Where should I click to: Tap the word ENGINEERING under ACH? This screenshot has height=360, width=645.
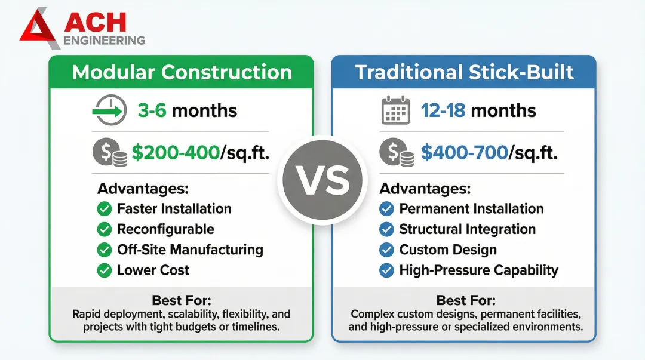pos(105,41)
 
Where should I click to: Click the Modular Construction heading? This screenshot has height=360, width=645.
pos(182,72)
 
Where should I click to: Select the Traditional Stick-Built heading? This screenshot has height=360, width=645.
pos(465,72)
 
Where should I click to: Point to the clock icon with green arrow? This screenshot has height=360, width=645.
pos(109,110)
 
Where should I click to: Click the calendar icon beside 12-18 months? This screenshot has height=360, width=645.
pos(396,110)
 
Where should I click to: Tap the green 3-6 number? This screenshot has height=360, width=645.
pos(152,110)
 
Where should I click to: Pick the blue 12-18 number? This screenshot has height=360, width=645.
pos(443,110)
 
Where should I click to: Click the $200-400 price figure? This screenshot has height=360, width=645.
pos(176,153)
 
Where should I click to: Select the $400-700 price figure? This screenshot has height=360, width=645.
pos(465,153)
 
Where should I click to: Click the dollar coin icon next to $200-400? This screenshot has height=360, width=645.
pos(109,152)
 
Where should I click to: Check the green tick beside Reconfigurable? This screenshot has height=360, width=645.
pos(105,229)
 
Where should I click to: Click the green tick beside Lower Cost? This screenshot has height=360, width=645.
pos(105,270)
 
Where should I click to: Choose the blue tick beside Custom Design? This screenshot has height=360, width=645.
pos(386,250)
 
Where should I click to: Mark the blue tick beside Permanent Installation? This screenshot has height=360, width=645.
pos(386,208)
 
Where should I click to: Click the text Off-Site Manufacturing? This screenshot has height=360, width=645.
pos(190,250)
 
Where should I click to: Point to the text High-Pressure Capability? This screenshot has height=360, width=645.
pos(479,270)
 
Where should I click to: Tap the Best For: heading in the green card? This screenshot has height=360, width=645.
pos(182,300)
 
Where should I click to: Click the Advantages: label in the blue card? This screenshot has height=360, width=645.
pos(425,189)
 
